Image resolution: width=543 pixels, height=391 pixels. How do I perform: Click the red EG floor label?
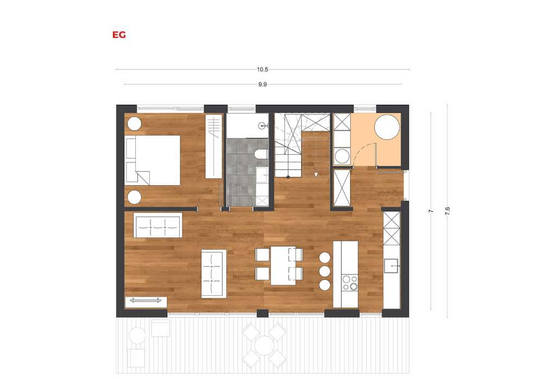click(119, 35)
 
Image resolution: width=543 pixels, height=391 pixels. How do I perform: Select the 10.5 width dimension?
click(262, 70)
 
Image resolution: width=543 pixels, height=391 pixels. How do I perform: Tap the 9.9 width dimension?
click(262, 84)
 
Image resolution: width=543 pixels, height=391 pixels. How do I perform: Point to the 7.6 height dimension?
click(447, 211)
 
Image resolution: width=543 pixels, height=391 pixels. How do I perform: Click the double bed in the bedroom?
click(153, 160)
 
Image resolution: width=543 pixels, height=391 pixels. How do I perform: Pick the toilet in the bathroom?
click(261, 154)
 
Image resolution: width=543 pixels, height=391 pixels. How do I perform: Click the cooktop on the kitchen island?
click(349, 282)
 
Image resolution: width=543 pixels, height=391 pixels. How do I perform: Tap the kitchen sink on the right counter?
click(391, 266)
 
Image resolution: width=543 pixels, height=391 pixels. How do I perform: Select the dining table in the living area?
click(283, 266)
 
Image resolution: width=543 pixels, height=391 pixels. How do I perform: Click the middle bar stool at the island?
click(325, 271)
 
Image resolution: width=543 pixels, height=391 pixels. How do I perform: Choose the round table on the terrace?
click(264, 345)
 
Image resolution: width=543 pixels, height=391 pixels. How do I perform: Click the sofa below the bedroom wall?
click(158, 225)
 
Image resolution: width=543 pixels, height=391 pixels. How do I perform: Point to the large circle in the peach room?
click(387, 127)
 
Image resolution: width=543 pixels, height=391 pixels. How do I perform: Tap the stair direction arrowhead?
click(316, 174)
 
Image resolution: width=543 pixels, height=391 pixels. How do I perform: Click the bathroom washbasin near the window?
click(263, 125)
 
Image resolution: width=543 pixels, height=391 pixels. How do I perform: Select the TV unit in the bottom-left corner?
click(146, 302)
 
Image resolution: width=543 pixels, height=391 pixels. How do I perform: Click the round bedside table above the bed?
click(134, 124)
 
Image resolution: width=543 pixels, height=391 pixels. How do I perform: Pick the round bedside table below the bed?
click(134, 197)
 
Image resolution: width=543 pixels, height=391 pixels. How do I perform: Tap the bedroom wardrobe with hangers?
click(213, 146)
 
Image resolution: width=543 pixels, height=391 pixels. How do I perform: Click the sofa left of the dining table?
click(213, 274)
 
